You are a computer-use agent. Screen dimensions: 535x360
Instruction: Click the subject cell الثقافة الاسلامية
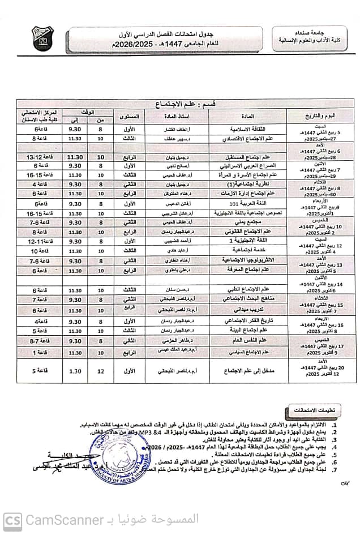pos(247,130)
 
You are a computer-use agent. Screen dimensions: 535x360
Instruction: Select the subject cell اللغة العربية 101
pos(247,203)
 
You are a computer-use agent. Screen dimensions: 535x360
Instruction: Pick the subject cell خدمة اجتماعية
pos(247,250)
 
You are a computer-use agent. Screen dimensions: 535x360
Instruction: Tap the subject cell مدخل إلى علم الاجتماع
pos(247,371)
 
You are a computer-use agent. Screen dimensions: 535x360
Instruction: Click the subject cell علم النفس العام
pos(247,341)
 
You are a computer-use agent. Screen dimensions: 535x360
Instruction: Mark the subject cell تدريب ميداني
pos(247,310)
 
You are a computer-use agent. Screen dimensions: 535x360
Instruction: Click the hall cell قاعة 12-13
pos(38,157)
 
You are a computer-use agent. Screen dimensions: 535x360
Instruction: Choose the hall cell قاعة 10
pos(38,250)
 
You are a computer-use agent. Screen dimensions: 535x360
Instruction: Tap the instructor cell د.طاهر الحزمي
pos(173,341)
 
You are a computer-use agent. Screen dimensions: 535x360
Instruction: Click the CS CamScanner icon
pos(12,520)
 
